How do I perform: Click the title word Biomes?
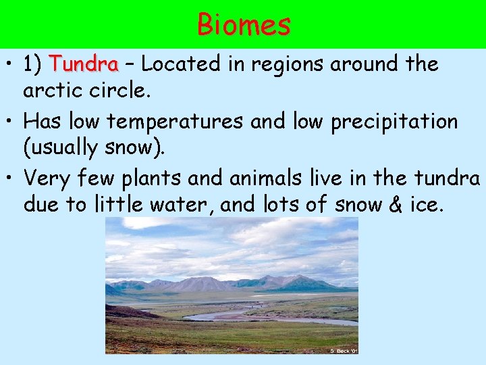244,25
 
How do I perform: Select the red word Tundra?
84,65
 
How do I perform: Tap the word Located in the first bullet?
180,65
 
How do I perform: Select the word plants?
140,179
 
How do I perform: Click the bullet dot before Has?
10,122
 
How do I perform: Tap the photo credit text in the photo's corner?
344,350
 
